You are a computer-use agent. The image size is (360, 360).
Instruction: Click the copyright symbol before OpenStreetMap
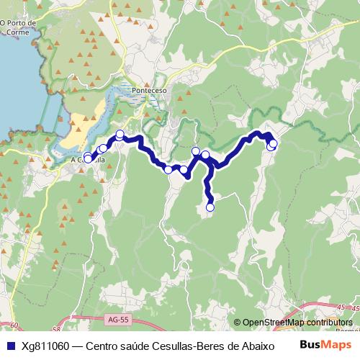click(x=238, y=323)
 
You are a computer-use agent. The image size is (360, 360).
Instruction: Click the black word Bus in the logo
click(x=312, y=345)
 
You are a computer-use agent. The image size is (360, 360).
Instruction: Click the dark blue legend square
click(x=10, y=346)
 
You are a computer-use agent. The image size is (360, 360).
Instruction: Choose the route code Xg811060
click(x=45, y=346)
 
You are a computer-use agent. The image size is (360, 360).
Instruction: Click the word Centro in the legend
click(x=103, y=346)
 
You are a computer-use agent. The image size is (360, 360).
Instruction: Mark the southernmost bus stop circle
click(x=210, y=207)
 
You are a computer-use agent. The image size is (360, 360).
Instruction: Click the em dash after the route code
click(x=77, y=346)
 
